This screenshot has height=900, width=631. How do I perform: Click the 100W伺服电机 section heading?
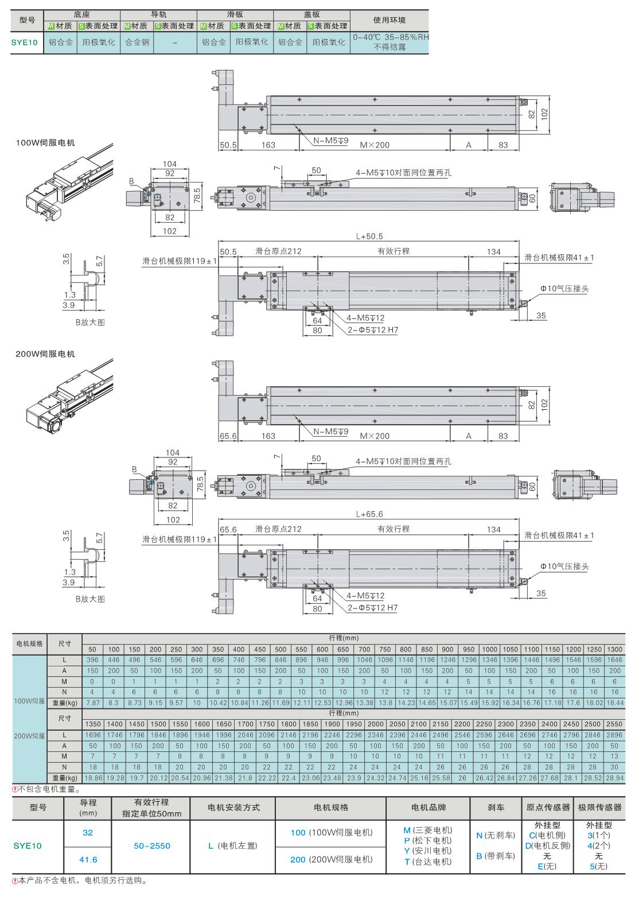(45, 142)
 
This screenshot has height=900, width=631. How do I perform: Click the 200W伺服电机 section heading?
(45, 354)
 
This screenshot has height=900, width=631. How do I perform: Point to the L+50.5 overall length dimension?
(369, 236)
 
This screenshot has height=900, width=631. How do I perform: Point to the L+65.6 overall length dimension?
(369, 514)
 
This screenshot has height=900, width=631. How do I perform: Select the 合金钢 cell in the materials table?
(137, 42)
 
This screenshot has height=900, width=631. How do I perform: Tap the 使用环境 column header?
(389, 20)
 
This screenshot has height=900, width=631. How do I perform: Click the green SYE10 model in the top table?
(25, 42)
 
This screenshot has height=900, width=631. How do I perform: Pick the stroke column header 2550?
(614, 724)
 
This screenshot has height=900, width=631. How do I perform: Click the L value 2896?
(614, 735)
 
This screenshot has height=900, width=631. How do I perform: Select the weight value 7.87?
(93, 703)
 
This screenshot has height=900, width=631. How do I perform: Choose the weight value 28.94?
(614, 778)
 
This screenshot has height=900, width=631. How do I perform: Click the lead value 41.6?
(88, 859)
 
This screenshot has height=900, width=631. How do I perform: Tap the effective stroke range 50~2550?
(152, 846)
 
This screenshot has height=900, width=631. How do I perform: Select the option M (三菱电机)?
(428, 830)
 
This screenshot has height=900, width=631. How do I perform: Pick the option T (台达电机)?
(428, 862)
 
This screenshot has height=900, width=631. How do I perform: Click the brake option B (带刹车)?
(496, 856)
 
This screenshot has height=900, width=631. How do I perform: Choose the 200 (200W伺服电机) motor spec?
(332, 859)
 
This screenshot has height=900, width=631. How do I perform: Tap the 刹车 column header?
(496, 807)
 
